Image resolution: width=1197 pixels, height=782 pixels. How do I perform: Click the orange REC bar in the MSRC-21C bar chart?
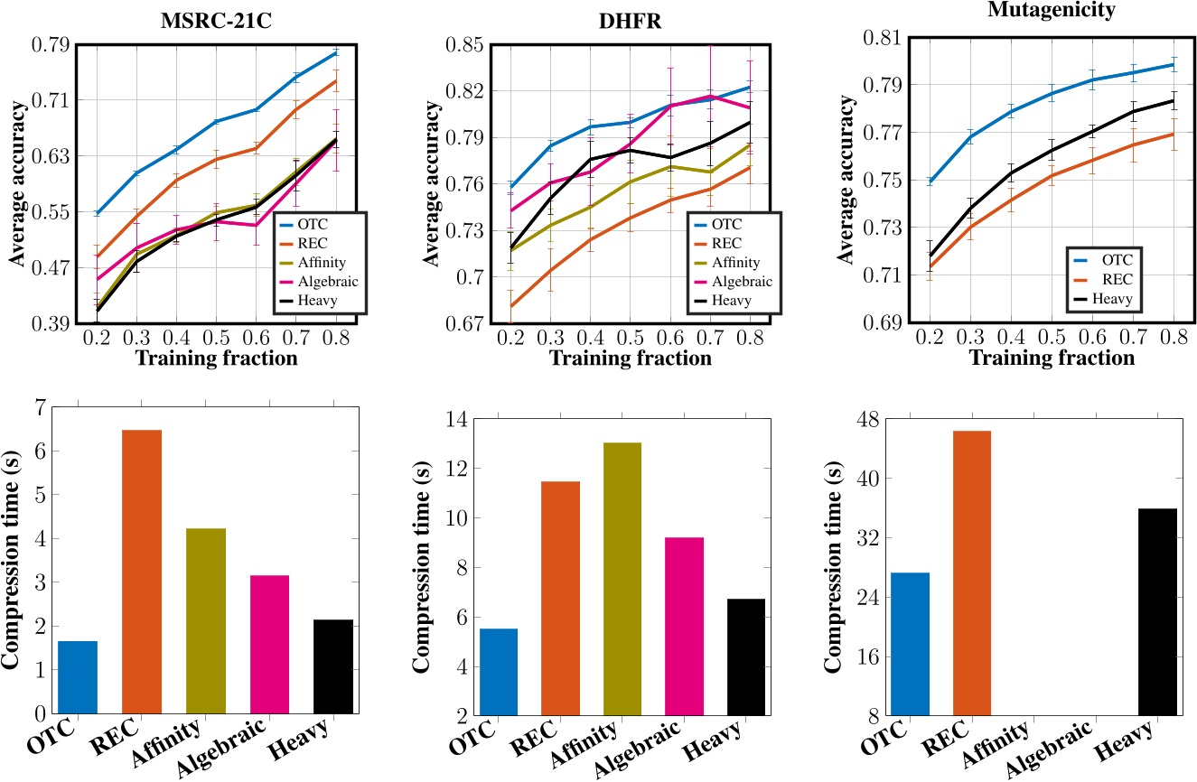coord(141,571)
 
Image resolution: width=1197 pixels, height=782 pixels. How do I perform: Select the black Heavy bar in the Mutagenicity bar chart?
coord(1157,611)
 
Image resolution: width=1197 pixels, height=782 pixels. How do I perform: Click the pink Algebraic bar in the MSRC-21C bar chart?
coord(269,643)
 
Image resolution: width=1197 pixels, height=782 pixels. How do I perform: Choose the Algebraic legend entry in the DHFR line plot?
coord(742,281)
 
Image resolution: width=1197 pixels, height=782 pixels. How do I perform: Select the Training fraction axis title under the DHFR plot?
coord(630,358)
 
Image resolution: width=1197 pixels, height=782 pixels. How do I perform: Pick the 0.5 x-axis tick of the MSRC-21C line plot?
coord(215,340)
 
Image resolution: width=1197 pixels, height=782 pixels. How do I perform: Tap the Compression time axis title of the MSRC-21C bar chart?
coord(14,560)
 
